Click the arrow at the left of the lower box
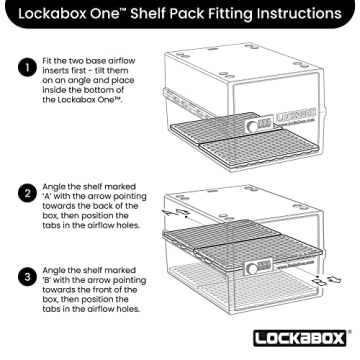click(x=170, y=212)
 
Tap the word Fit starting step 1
click(x=47, y=63)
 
